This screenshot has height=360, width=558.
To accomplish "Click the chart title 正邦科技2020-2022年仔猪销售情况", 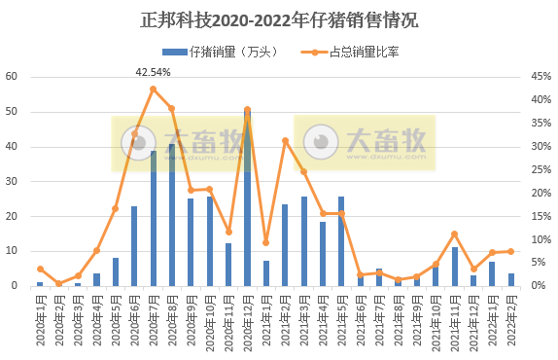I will (x=278, y=20).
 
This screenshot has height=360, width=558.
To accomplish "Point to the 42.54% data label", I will (x=153, y=72).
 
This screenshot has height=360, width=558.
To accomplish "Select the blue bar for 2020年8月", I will (x=172, y=215).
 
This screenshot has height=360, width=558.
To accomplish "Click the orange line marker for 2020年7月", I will (x=154, y=90).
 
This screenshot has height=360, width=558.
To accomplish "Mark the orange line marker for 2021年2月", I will (x=285, y=141).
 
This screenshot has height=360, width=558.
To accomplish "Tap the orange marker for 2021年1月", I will (x=265, y=242).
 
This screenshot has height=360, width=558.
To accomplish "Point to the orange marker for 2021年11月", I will (x=454, y=234).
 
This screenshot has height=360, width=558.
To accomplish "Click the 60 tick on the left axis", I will (x=11, y=76).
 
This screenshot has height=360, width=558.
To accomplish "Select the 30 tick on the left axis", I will (x=11, y=181).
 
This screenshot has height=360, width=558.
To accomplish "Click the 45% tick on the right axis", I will (x=541, y=76).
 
